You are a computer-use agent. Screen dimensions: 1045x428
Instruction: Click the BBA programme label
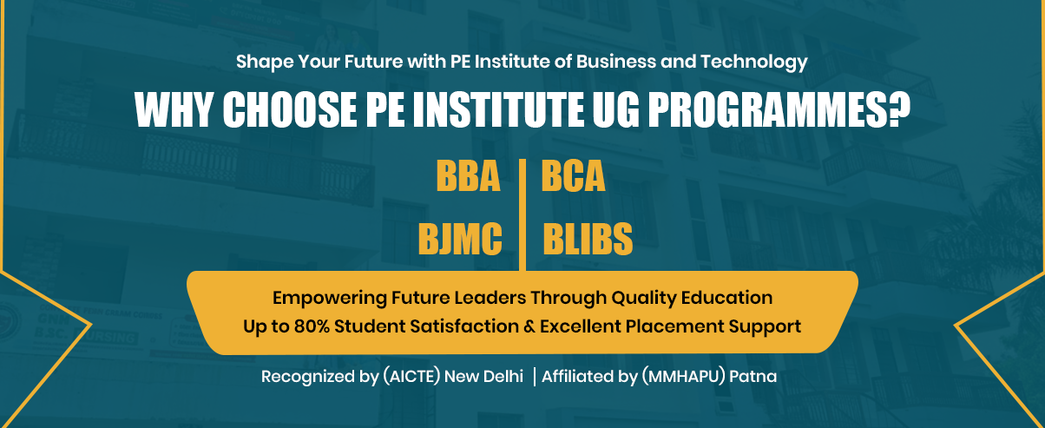468,176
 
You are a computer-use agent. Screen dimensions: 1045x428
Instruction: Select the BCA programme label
573,176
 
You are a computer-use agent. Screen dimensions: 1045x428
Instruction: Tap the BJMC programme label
460,239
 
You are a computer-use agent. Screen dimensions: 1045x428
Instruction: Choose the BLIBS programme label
588,239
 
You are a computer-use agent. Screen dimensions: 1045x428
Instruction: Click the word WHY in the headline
174,109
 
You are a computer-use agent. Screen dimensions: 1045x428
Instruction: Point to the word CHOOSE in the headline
290,109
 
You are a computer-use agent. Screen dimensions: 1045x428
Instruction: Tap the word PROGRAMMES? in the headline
779,109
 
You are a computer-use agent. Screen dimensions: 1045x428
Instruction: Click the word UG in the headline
615,109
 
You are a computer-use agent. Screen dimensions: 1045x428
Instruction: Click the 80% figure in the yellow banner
312,326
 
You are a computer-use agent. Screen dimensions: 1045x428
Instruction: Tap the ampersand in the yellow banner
529,326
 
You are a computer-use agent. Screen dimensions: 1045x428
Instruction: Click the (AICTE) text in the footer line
411,376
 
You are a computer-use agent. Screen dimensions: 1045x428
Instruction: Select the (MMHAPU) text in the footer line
683,376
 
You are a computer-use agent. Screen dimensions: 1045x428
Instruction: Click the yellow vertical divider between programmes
522,215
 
